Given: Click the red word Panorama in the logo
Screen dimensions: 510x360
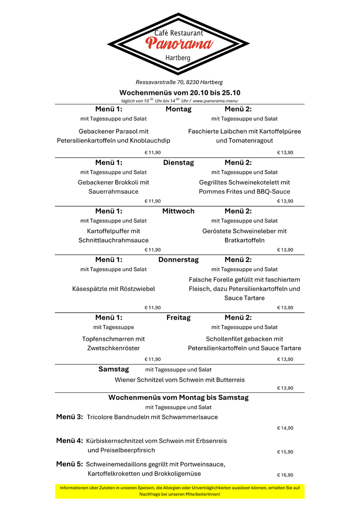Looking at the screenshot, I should (x=179, y=44).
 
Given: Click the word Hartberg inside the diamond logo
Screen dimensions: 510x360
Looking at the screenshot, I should (x=178, y=58).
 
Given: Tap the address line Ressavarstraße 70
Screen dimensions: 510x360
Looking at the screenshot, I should (x=179, y=82).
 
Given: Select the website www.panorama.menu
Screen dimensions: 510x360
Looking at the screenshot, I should (x=215, y=101).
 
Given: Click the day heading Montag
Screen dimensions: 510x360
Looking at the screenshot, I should (x=178, y=109).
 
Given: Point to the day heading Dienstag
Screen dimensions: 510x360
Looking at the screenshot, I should (x=178, y=162).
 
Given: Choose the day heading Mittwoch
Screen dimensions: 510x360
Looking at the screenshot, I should (x=178, y=211).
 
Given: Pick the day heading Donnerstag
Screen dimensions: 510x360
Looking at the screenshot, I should (x=178, y=260).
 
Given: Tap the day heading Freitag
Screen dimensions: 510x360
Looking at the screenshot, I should (x=178, y=317).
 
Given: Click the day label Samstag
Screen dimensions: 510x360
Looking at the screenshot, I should (x=113, y=369).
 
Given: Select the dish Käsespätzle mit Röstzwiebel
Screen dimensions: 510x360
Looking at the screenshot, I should (x=113, y=289).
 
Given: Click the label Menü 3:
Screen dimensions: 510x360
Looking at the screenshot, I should (x=69, y=416).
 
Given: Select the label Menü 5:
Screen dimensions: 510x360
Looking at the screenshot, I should (x=69, y=464).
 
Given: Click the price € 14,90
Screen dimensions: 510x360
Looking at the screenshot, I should (x=285, y=428).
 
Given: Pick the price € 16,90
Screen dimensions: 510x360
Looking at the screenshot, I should (x=285, y=475).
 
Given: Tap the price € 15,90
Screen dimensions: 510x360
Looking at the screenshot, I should (x=285, y=452).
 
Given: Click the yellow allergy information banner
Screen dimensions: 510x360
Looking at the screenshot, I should (x=179, y=491).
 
